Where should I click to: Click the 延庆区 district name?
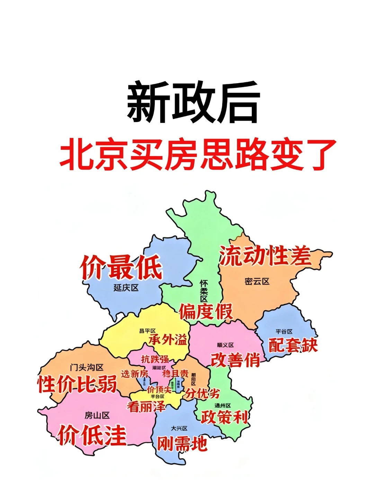(126, 288)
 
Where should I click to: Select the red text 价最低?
(121, 267)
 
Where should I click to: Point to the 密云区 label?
(257, 281)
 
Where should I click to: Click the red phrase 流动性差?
(265, 256)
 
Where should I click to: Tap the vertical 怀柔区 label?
(204, 291)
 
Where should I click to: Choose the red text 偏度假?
(206, 312)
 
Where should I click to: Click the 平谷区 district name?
(284, 332)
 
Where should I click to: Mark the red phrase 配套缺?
(293, 345)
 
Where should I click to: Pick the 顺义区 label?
(225, 345)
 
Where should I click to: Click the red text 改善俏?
(235, 360)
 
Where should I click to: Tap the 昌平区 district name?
(148, 331)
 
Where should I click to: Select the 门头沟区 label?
(87, 367)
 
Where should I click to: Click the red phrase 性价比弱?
(77, 384)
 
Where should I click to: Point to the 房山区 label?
(97, 415)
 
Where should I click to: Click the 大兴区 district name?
(179, 429)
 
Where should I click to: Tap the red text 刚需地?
(182, 444)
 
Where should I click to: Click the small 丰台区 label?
(158, 396)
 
